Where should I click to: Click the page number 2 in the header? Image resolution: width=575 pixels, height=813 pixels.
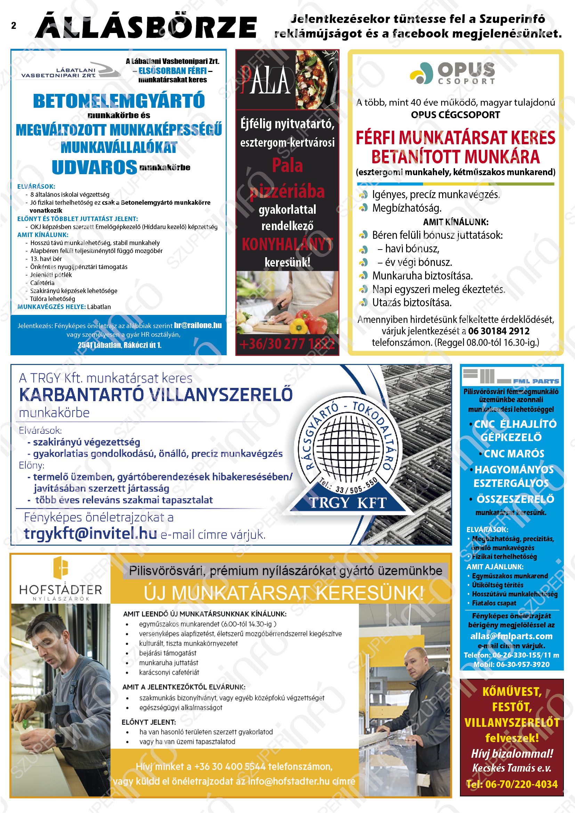click(14, 25)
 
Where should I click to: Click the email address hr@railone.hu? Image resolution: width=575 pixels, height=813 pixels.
click(197, 325)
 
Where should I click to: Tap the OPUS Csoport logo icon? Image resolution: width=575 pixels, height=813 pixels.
click(421, 73)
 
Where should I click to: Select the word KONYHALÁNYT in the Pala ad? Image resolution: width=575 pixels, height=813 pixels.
click(287, 244)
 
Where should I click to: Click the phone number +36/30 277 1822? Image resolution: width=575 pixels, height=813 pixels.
click(287, 344)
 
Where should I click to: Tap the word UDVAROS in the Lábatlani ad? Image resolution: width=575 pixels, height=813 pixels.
click(94, 167)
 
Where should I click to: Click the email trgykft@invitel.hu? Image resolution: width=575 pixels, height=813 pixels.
click(90, 533)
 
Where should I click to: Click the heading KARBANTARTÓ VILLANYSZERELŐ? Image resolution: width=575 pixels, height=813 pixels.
click(156, 395)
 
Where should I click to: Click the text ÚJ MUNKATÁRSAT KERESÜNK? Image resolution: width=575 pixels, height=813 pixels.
click(284, 593)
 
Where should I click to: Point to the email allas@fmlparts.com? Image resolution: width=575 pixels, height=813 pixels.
click(511, 636)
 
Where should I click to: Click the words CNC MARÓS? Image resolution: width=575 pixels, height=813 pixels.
click(514, 454)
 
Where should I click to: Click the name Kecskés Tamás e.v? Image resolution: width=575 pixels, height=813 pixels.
click(511, 768)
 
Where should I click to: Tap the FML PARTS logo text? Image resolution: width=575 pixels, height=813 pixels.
click(536, 381)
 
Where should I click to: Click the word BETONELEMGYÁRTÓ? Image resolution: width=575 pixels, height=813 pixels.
click(119, 101)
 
